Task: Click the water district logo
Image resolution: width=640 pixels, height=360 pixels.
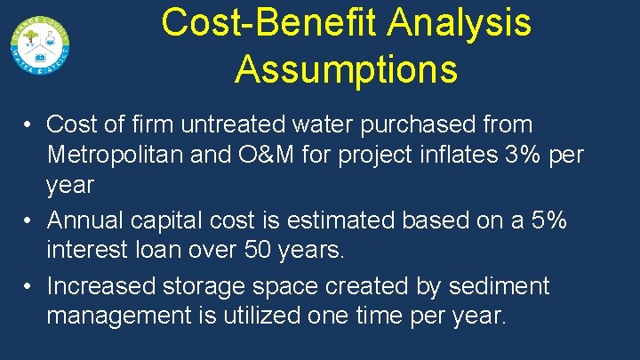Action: click(41, 44)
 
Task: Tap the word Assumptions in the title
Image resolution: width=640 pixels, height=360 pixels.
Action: click(347, 68)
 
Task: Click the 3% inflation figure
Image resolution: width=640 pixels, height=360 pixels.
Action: click(516, 155)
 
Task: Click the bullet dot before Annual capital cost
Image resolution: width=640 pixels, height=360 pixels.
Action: click(29, 220)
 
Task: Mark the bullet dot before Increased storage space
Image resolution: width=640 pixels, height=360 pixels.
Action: click(29, 286)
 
